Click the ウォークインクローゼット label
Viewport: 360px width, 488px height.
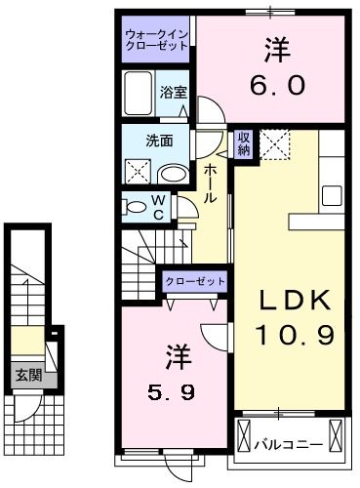tap(157, 41)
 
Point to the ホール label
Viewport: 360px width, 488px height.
tap(210, 183)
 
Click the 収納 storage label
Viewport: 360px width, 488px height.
tap(244, 143)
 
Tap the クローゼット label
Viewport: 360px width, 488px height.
tap(194, 281)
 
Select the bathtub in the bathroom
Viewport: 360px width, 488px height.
tap(140, 94)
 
